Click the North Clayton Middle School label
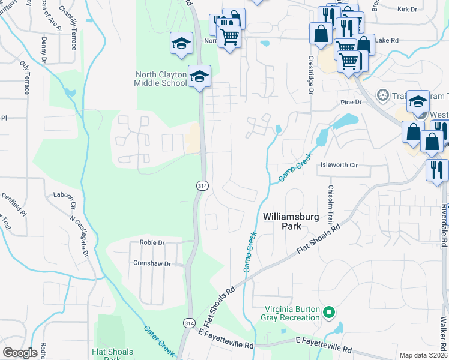point(160,79)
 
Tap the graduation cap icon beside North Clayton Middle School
point(199,76)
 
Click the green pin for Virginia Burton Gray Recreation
point(328,312)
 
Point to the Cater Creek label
point(159,340)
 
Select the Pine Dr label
point(352,103)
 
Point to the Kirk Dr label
point(407,10)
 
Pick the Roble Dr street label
point(152,243)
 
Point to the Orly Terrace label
point(25,77)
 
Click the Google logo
point(20,353)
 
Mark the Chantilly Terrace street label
point(68,20)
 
